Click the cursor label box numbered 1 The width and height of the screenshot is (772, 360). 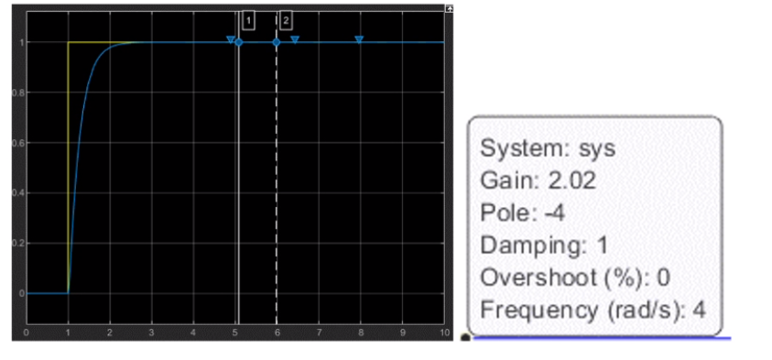[248, 19]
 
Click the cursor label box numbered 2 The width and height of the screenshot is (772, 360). [286, 19]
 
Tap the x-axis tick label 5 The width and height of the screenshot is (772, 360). [235, 331]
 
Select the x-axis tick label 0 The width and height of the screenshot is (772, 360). [27, 331]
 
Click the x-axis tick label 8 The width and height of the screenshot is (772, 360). [361, 331]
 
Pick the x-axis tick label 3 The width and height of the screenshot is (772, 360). [152, 331]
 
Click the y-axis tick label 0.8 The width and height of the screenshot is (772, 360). [18, 93]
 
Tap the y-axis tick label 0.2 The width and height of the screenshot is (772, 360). [18, 244]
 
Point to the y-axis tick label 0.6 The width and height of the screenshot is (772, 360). [18, 143]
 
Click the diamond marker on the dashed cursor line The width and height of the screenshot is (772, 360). [276, 42]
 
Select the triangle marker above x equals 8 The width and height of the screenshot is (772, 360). [359, 39]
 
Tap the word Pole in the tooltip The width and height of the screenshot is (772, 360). [500, 213]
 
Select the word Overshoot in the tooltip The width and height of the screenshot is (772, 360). [526, 277]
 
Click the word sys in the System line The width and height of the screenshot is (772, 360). [599, 147]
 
